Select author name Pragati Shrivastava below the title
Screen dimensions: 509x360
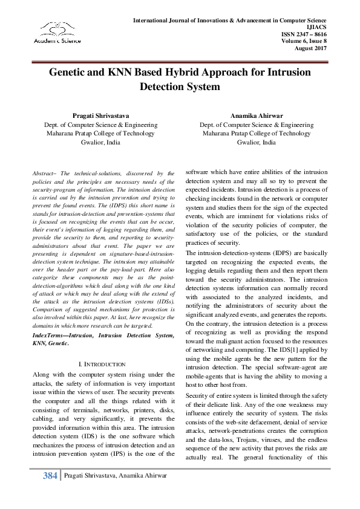93,115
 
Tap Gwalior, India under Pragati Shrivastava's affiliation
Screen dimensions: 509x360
93,143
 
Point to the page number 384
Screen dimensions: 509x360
50,476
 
